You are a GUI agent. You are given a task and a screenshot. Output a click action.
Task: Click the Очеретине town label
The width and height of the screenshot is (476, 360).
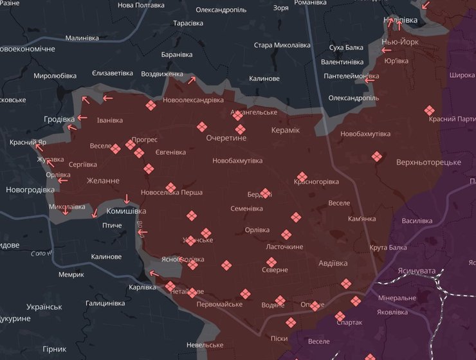(x=226, y=138)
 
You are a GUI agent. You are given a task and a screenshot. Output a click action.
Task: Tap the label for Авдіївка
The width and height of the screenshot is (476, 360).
(x=333, y=264)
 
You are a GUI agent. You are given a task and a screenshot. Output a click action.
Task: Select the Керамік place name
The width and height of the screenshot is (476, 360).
(x=286, y=130)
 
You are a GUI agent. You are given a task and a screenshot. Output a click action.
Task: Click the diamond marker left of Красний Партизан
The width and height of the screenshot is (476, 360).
(x=430, y=111)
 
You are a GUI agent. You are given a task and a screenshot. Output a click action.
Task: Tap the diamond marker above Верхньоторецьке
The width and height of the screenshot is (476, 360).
(x=376, y=156)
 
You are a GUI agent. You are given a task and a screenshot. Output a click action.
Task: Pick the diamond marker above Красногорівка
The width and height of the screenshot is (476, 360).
(x=302, y=177)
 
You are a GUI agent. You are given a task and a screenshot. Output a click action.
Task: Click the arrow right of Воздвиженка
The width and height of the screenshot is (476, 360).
(x=190, y=80)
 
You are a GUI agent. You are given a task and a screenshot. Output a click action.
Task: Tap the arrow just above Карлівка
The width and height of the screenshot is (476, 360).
(x=152, y=274)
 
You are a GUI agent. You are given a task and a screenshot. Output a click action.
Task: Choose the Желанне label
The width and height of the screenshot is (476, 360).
(x=103, y=181)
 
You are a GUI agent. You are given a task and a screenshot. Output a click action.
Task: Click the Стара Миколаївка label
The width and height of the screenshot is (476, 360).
(x=282, y=45)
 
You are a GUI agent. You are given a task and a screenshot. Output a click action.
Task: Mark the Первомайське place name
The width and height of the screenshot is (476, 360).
(x=219, y=304)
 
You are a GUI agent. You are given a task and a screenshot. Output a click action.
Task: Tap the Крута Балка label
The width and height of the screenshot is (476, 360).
(x=388, y=248)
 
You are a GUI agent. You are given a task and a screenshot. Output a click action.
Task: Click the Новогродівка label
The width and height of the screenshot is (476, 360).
(x=30, y=190)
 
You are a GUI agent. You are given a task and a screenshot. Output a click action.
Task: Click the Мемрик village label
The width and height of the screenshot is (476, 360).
(x=71, y=274)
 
